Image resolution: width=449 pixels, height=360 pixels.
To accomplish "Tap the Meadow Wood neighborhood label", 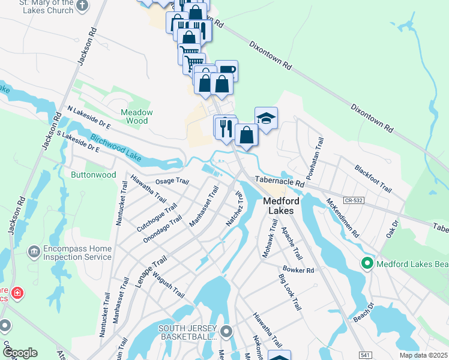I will coord(137,116).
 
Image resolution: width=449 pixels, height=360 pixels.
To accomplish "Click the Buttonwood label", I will coord(93,175).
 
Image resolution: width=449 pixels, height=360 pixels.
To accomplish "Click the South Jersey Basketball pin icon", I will coord(226,331).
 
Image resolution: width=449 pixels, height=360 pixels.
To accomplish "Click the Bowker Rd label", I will coord(298,270).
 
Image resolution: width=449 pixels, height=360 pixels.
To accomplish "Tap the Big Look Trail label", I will coord(289,291).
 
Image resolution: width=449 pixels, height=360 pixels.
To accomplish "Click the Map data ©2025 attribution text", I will coord(423,355).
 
